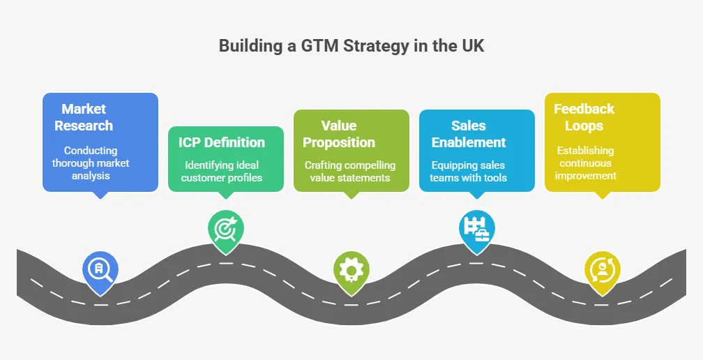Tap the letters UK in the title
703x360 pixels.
472,47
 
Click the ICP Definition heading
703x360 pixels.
222,142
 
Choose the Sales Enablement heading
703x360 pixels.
469,134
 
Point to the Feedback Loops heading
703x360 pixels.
584,117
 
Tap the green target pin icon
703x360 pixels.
225,227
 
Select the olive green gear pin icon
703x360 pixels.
351,269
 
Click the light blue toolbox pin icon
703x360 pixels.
476,227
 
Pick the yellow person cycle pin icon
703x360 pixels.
601,269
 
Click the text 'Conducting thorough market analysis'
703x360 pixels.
91,163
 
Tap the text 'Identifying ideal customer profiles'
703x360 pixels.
222,172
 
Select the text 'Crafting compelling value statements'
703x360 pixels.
350,172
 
